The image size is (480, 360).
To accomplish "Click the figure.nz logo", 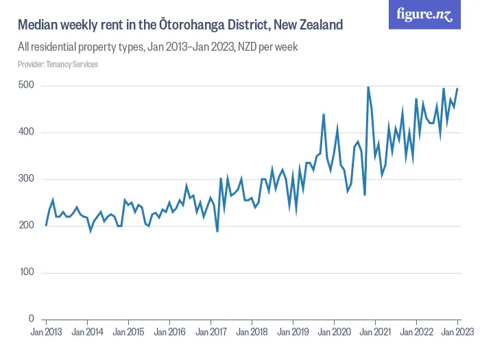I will [x=425, y=14].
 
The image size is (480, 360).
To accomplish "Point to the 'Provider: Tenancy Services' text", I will [x=58, y=64].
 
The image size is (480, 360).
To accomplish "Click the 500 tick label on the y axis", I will [x=27, y=86].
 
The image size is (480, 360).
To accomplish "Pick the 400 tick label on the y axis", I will [x=27, y=132].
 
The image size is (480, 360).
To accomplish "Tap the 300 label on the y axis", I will [x=27, y=179].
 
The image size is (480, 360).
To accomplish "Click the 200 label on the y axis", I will [x=27, y=226].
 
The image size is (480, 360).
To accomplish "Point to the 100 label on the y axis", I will [x=27, y=272].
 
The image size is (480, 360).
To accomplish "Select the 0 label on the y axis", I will [x=32, y=319].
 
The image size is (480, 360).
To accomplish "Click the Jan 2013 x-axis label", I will [x=46, y=332].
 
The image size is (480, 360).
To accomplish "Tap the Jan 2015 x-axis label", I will [x=128, y=332].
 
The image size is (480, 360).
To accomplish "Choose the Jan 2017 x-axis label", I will [x=211, y=332].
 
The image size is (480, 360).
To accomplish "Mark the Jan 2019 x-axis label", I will [x=293, y=332].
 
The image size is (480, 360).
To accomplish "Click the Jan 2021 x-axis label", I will [x=375, y=332].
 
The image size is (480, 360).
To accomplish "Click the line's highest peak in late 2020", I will [x=368, y=87].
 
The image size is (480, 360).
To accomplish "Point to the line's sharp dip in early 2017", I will [x=217, y=231].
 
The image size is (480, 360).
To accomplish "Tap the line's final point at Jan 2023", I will [x=457, y=88].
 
